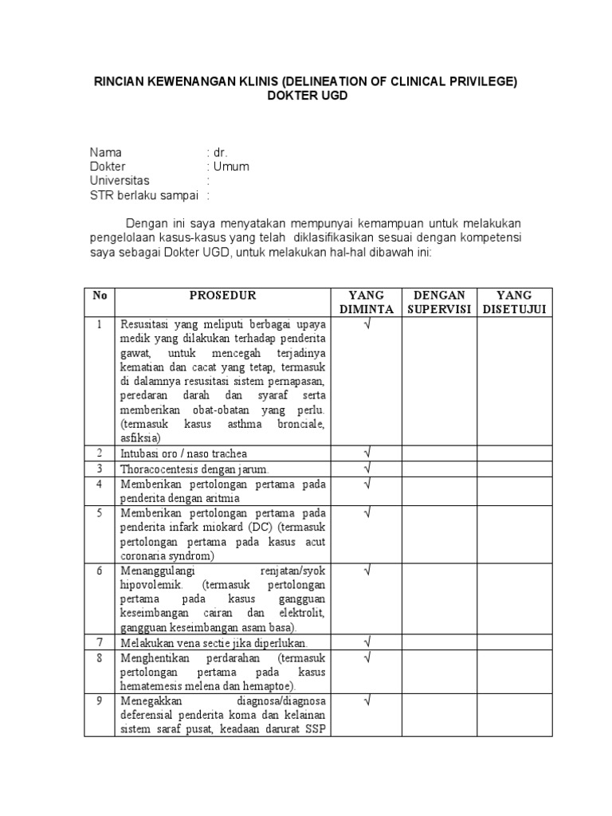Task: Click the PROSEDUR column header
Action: (222, 296)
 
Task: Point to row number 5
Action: (100, 512)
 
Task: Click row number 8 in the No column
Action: (100, 658)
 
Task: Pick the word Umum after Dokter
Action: (231, 167)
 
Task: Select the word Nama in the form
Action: (107, 152)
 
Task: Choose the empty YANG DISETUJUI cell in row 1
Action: (514, 381)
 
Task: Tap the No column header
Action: (100, 296)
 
